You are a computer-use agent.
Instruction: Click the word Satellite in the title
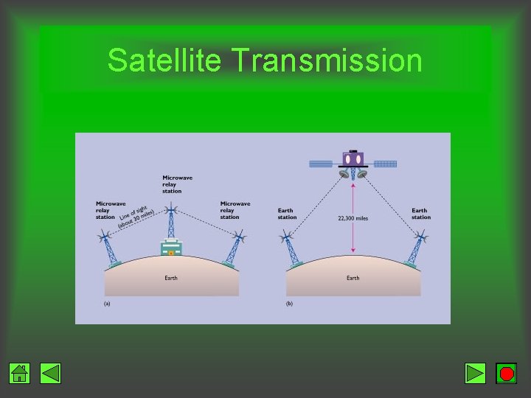tap(164, 60)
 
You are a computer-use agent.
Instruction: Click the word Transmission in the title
tap(327, 60)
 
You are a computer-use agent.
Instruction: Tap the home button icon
tap(20, 374)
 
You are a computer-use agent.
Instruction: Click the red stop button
tap(506, 374)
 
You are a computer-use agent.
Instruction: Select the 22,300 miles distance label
tap(353, 218)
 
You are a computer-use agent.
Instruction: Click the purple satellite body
tap(353, 158)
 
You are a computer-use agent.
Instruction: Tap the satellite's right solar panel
tap(385, 163)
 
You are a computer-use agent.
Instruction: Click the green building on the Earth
tap(171, 248)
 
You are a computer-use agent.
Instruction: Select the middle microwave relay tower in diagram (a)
tap(171, 221)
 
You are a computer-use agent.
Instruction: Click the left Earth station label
tap(288, 214)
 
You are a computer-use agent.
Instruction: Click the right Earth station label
tap(420, 214)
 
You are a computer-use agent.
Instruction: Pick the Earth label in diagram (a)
tap(170, 278)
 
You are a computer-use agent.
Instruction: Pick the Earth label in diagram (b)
tap(353, 278)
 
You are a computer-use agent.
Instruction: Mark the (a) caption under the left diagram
tap(107, 304)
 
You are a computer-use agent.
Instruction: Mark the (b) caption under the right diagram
tap(290, 304)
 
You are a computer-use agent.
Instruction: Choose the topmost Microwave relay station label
tap(172, 184)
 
